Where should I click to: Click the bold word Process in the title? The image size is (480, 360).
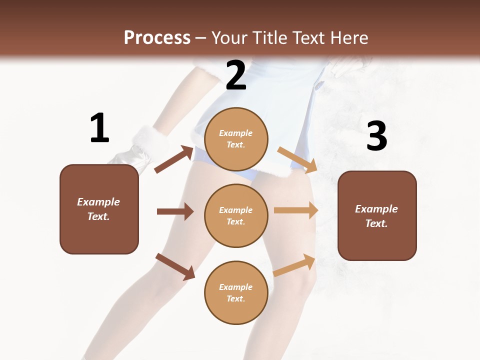click(157, 37)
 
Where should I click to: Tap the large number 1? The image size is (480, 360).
click(99, 128)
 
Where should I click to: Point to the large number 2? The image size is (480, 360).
click(236, 75)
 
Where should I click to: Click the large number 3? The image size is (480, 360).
click(376, 136)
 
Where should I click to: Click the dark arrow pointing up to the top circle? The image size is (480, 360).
click(174, 159)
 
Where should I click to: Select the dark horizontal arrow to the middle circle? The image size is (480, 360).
click(175, 211)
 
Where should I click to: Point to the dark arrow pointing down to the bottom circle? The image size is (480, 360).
click(175, 266)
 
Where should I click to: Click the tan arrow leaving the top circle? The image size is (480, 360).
click(297, 159)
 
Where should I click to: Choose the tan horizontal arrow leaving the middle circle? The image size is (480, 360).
click(296, 210)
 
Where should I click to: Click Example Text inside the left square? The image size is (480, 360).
click(99, 209)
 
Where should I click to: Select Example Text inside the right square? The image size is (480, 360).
click(376, 216)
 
